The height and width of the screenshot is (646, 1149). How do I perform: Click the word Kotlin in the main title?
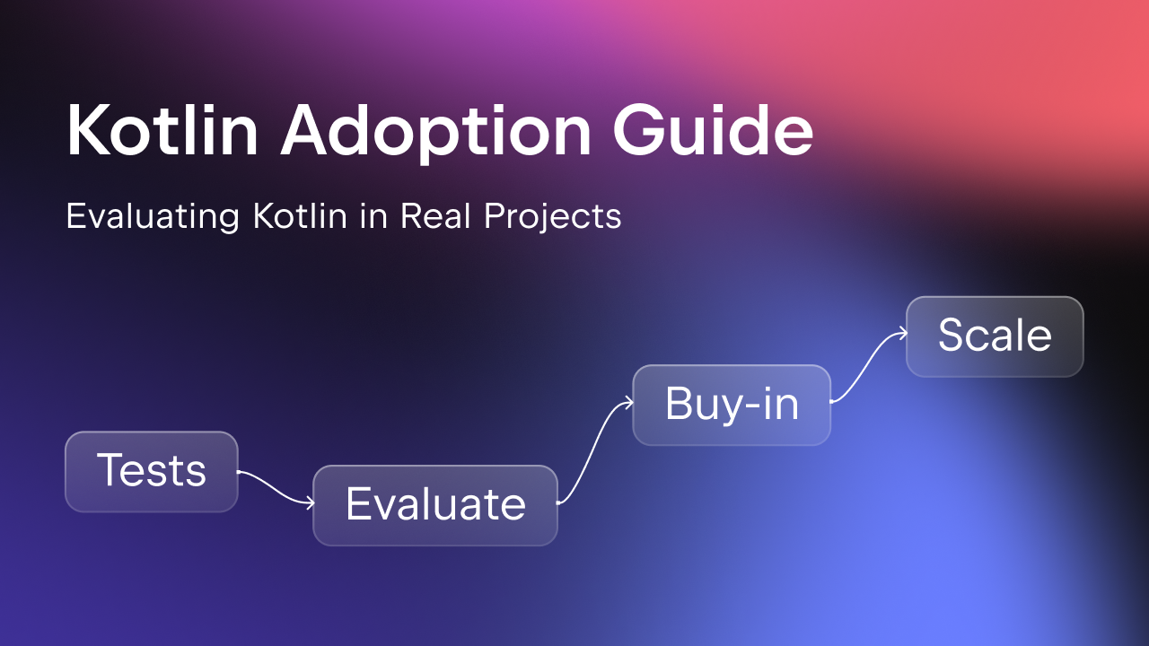coord(162,130)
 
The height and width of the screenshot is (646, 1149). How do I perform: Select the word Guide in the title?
coord(714,129)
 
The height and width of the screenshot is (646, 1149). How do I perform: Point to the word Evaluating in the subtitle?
coord(153,217)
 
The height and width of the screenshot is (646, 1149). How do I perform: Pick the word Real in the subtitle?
coord(435,215)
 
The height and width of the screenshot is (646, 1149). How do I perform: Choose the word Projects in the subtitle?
coord(553,217)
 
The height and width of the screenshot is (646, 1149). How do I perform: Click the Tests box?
coord(152,472)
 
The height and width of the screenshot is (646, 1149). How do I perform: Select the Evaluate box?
coord(435,505)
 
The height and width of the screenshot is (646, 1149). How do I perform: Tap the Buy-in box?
coord(732,405)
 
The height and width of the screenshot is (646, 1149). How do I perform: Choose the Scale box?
coord(996,336)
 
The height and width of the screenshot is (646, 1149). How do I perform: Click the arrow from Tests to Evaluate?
coord(276,487)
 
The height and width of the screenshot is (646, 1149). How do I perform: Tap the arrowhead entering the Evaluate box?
coord(311,503)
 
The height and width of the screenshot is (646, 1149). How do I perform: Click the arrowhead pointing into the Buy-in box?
coord(630,403)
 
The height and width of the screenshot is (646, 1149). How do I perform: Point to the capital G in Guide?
coord(638,129)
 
